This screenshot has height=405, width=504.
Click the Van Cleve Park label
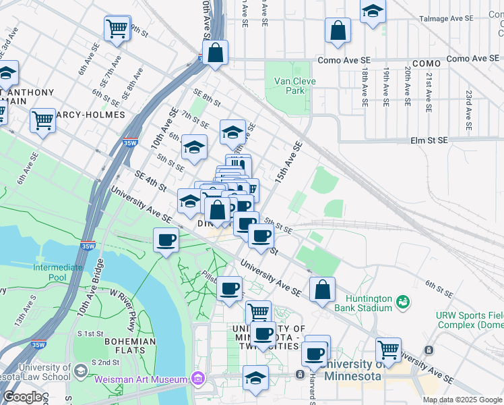click(x=294, y=86)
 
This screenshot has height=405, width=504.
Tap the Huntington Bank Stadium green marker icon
click(x=403, y=300)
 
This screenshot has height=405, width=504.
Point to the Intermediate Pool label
click(x=59, y=273)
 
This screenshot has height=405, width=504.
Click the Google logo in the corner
click(x=22, y=397)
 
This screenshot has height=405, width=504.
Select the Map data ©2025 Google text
click(x=462, y=400)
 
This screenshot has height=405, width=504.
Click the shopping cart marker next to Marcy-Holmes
click(x=43, y=121)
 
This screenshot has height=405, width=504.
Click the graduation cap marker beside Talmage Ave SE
click(x=373, y=11)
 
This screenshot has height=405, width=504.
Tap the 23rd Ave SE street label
click(x=468, y=109)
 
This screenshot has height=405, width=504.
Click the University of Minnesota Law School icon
click(x=80, y=371)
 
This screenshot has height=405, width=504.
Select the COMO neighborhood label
click(x=426, y=63)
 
